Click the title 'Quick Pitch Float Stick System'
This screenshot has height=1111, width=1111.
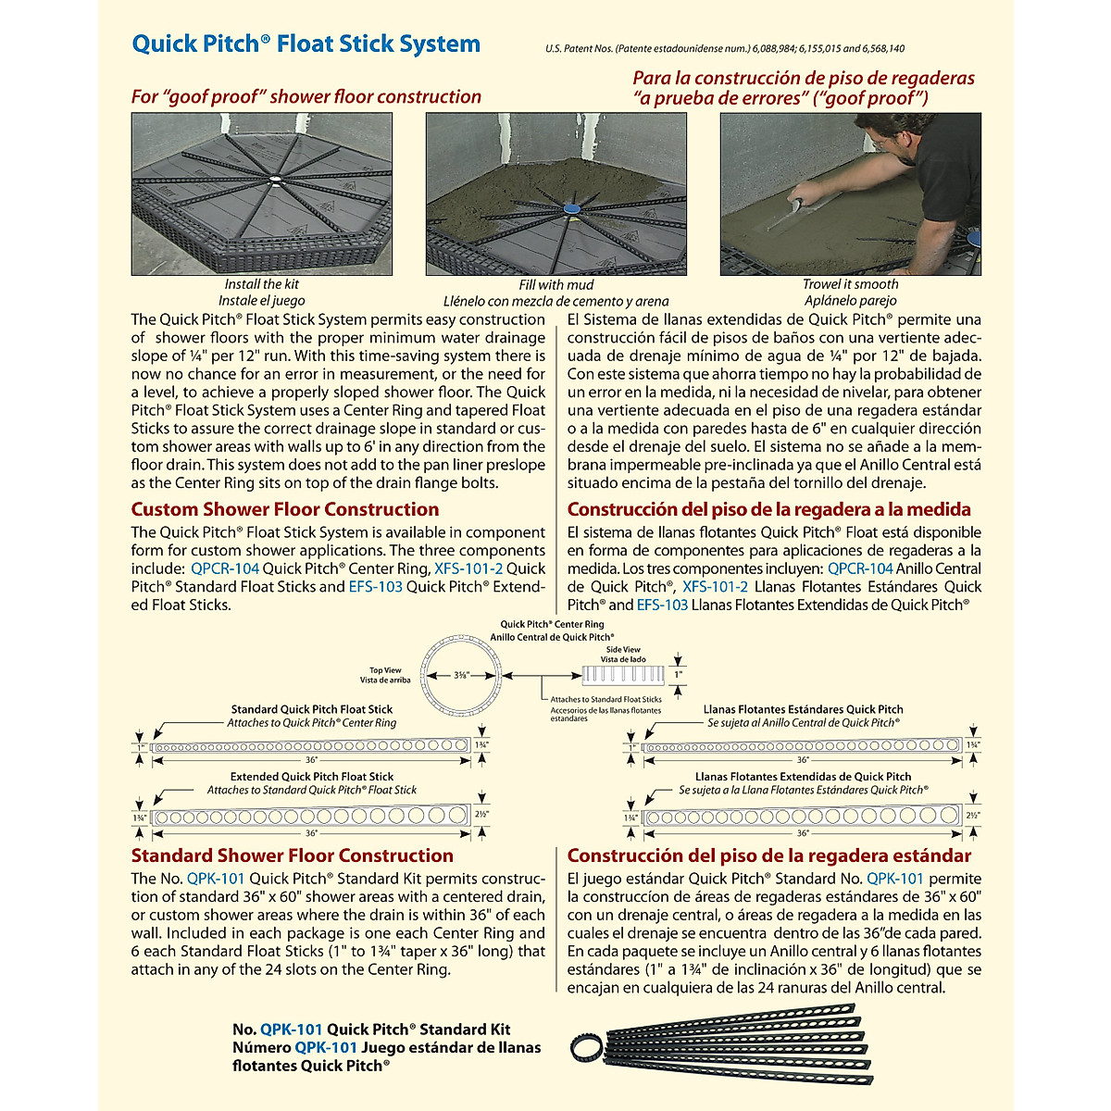[x=306, y=44]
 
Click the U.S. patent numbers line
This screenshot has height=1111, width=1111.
[x=725, y=49]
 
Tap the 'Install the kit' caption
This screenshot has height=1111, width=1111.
[x=261, y=284]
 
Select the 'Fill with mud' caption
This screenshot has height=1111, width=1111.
[x=555, y=285]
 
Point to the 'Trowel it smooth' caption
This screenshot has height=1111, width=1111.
[x=850, y=284]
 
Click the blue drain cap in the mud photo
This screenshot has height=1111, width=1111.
[x=571, y=210]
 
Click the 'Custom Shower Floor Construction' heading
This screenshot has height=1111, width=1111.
[x=285, y=509]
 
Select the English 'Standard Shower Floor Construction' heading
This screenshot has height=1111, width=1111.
[x=292, y=855]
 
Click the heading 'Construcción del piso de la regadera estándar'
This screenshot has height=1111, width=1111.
[x=769, y=855]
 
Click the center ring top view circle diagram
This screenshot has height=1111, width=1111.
[x=460, y=675]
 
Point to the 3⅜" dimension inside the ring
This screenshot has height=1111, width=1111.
[x=460, y=675]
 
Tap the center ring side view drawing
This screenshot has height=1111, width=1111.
[x=623, y=674]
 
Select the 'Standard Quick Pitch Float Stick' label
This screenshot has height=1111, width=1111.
[x=312, y=709]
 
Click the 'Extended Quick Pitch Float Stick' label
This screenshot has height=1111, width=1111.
[x=312, y=777]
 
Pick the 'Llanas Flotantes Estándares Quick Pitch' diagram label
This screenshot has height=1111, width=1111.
[x=803, y=709]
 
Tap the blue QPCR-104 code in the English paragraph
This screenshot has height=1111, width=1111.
[x=225, y=568]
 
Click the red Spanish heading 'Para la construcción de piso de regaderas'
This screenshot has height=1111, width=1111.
[x=804, y=79]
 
